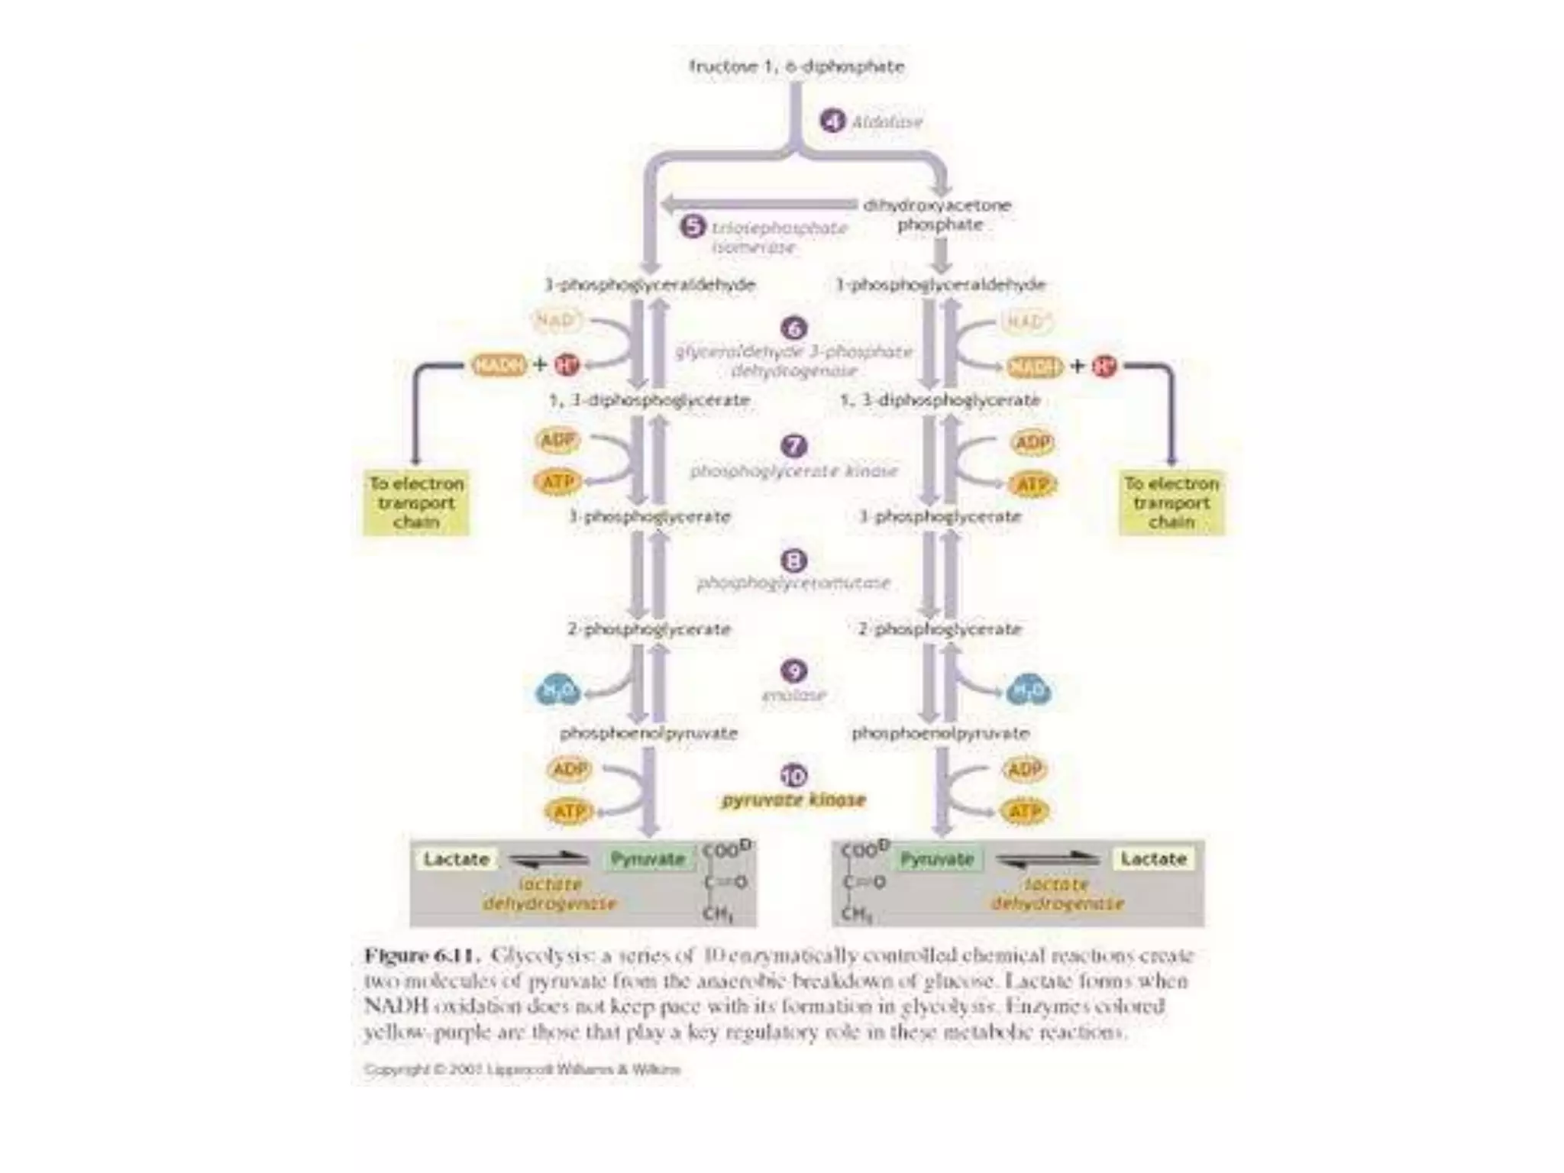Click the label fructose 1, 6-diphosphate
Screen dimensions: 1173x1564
(x=796, y=66)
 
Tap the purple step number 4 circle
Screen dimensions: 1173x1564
(x=832, y=121)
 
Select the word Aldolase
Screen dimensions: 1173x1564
(x=887, y=121)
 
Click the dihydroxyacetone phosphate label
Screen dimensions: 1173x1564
(x=938, y=215)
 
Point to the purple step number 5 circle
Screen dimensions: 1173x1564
(x=693, y=227)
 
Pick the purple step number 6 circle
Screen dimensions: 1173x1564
(x=794, y=328)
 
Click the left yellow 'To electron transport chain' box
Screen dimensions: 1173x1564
(x=416, y=502)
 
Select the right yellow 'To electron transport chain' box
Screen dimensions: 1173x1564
(x=1171, y=502)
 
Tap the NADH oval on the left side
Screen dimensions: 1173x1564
(x=499, y=365)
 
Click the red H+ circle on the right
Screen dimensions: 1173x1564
(x=1104, y=367)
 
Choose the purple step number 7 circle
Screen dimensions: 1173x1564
(x=794, y=445)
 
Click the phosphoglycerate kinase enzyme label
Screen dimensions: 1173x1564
(x=794, y=471)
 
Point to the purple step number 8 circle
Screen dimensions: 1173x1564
(x=794, y=561)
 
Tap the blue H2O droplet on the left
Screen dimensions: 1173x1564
(x=557, y=691)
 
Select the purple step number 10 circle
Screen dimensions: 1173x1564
(x=794, y=776)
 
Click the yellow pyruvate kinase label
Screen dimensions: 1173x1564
(x=794, y=800)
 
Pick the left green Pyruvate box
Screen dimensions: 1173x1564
(x=648, y=859)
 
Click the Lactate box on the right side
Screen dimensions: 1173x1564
(x=1153, y=859)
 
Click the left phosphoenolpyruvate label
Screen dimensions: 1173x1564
(x=649, y=733)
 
